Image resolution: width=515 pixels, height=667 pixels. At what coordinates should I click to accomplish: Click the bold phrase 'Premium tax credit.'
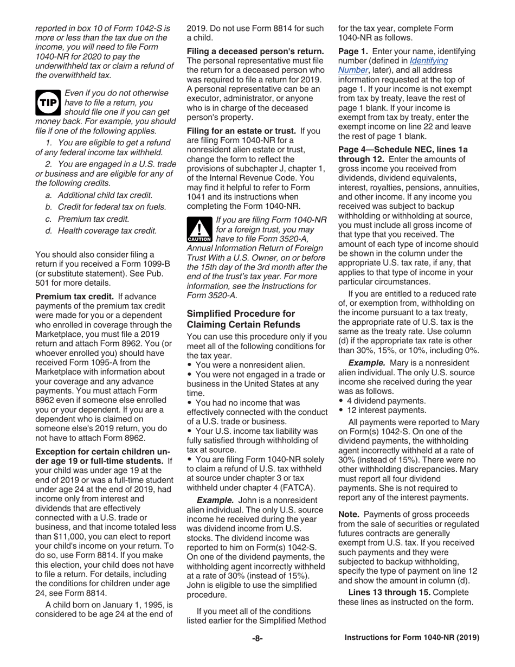click(74, 297)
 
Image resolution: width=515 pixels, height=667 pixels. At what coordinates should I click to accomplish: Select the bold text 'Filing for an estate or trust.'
click(241, 131)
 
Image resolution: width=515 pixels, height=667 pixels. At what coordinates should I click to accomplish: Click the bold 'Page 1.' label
click(353, 51)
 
